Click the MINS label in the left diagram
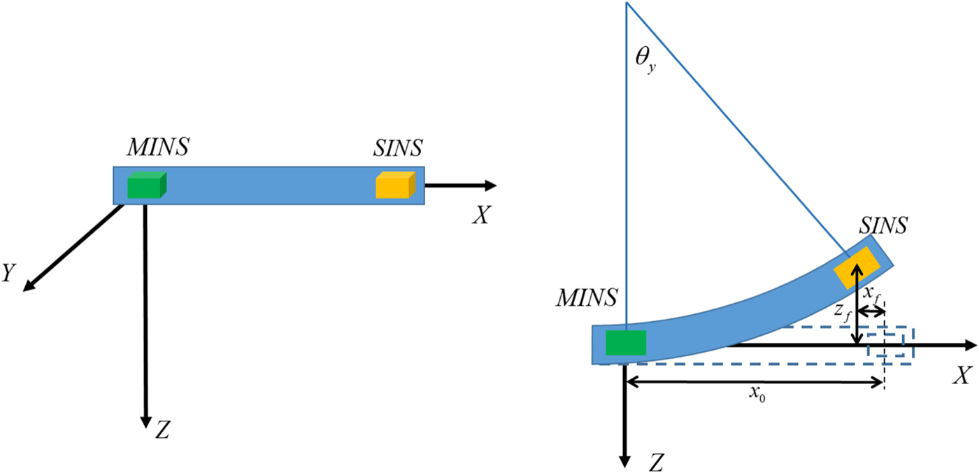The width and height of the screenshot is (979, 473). [x=158, y=148]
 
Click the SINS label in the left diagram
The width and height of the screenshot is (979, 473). [x=399, y=148]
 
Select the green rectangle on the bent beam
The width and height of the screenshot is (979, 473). [x=626, y=343]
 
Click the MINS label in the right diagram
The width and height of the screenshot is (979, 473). [x=587, y=298]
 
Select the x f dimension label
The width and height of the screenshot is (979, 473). [x=871, y=292]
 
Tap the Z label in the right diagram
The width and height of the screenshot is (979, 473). [x=656, y=462]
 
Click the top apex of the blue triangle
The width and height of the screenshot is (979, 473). [x=627, y=3]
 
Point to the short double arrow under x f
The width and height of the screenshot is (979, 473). [x=871, y=311]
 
